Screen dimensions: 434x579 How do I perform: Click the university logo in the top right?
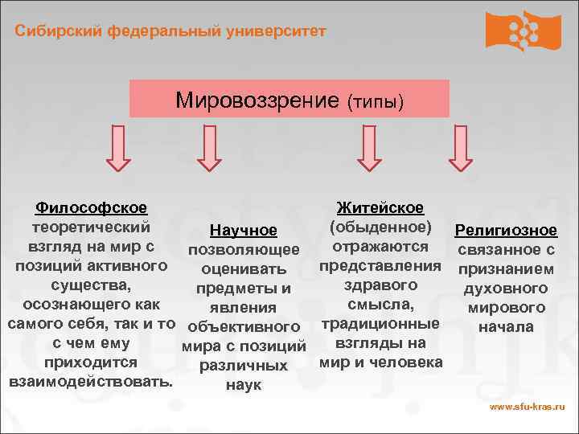(x=523, y=31)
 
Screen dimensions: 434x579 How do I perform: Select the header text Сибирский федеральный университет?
(x=170, y=31)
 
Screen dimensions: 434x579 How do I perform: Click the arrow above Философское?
(x=117, y=150)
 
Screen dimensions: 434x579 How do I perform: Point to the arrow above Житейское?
(x=369, y=150)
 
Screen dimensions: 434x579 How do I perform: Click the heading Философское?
(x=90, y=208)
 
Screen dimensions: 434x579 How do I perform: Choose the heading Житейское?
(x=380, y=208)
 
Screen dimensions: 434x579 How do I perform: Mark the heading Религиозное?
(x=505, y=231)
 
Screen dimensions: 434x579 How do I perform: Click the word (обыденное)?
(x=380, y=227)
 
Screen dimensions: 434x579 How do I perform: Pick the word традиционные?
(x=380, y=324)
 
